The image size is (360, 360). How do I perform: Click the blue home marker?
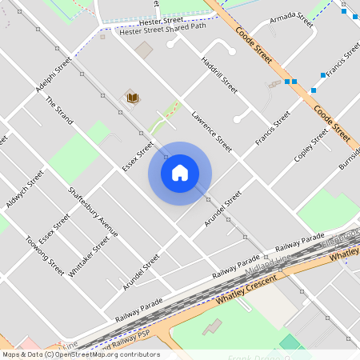pyautogui.click(x=180, y=173)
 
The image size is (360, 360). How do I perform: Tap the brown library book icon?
pyautogui.click(x=133, y=98)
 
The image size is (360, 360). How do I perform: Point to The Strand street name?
pyautogui.click(x=59, y=110)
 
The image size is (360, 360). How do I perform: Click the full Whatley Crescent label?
pyautogui.click(x=246, y=290)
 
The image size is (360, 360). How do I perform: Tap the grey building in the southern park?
pyautogui.click(x=212, y=326)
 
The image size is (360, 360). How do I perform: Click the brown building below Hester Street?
pyautogui.click(x=143, y=50)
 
